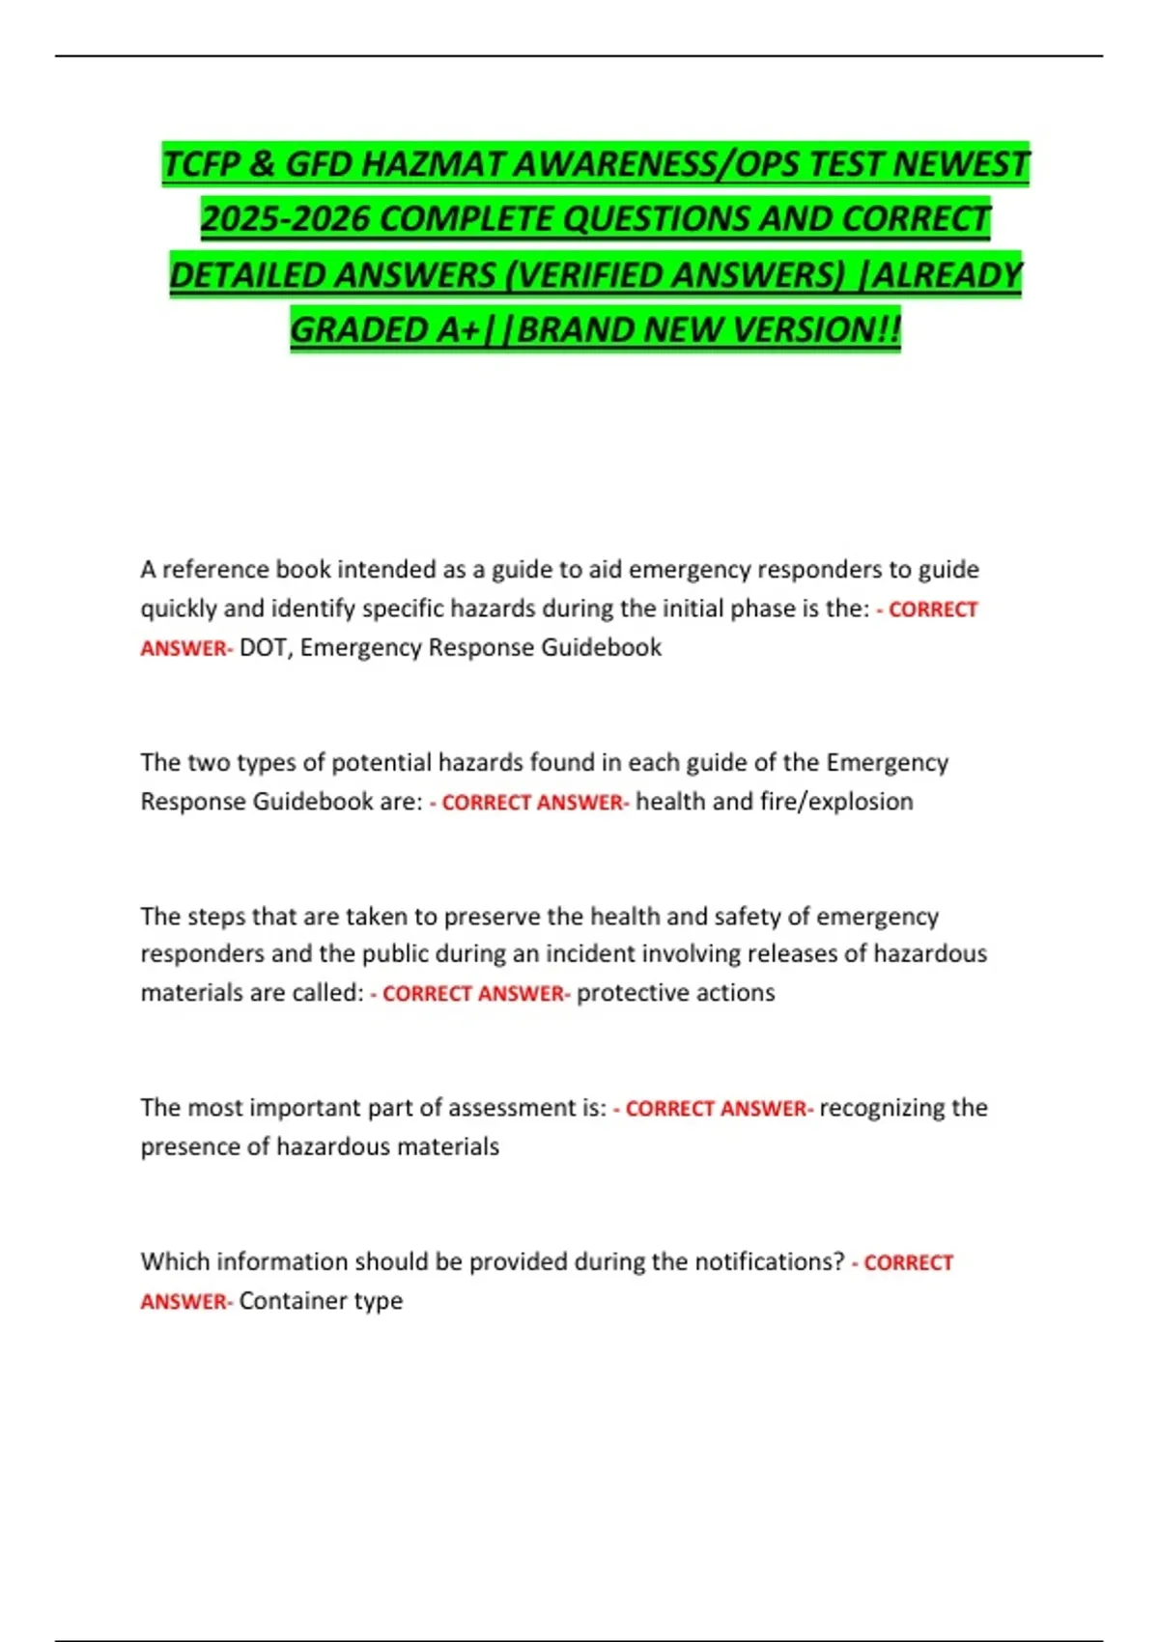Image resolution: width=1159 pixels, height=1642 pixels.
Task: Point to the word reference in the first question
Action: pyautogui.click(x=214, y=570)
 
